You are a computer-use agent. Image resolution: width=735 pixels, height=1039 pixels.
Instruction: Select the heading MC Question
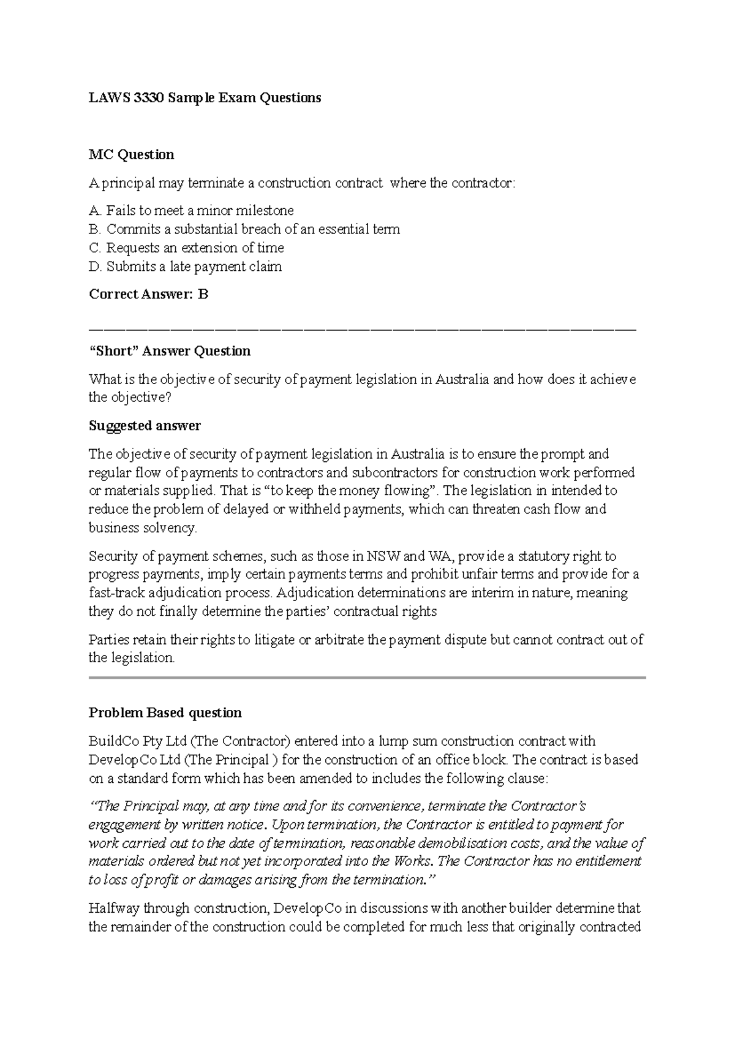tap(131, 154)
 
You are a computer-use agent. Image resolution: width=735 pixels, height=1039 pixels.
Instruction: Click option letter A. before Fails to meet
tap(95, 211)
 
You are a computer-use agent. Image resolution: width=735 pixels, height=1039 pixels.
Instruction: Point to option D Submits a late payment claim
tap(186, 266)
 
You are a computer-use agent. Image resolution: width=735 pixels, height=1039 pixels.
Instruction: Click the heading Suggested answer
tap(145, 425)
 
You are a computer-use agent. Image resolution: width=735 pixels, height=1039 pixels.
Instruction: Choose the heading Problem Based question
tap(165, 712)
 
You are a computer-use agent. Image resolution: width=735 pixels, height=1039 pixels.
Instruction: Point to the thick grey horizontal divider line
tap(367, 678)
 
